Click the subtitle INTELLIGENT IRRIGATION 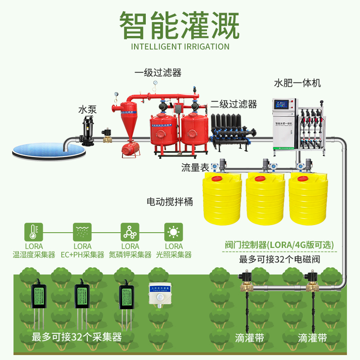(180, 46)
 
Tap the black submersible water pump (86, 130)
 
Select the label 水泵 (87, 109)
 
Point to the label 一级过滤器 (158, 72)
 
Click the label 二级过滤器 (234, 104)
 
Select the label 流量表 (195, 168)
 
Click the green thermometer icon (33, 232)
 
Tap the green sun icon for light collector (173, 232)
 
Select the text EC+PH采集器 (82, 255)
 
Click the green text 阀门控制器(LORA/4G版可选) (279, 245)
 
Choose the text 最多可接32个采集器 (76, 337)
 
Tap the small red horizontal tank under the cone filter (131, 148)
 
